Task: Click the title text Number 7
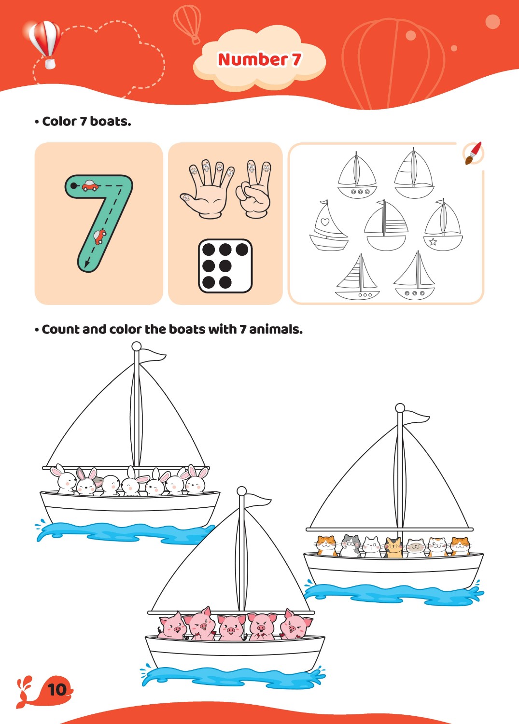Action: (259, 59)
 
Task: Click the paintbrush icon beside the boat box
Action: (474, 153)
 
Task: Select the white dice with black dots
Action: (225, 266)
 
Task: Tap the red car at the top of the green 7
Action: (90, 185)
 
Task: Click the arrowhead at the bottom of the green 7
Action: (87, 264)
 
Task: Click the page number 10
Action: (57, 689)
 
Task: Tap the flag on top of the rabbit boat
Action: (153, 355)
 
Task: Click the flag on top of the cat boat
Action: (417, 417)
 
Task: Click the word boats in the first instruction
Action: (110, 122)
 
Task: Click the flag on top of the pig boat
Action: (258, 501)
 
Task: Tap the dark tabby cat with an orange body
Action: (393, 547)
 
